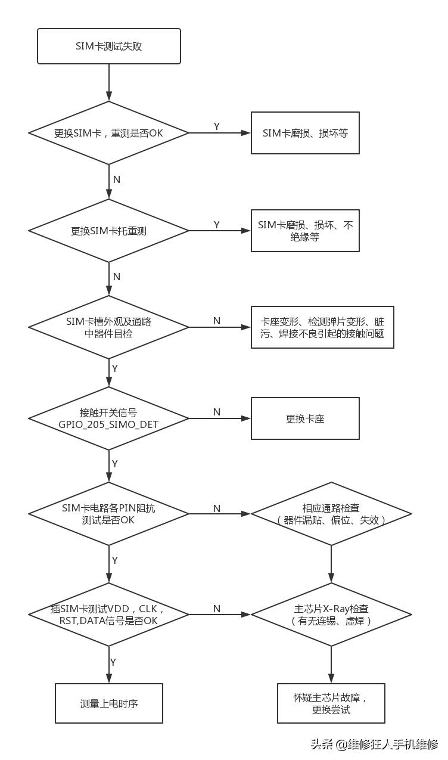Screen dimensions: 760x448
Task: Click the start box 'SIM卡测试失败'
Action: tap(109, 46)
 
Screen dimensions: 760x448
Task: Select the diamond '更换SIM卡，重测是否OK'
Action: tap(109, 133)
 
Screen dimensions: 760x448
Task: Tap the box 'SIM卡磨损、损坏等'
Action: tap(305, 133)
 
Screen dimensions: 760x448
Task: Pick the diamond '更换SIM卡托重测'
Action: tap(109, 231)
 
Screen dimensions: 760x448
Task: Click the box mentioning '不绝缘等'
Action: tap(305, 231)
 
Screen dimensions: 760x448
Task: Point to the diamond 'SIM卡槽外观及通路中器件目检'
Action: tap(109, 327)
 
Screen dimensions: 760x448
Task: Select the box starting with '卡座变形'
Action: tap(322, 327)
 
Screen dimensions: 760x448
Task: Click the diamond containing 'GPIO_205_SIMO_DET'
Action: tap(109, 418)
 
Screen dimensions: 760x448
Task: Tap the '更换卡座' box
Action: tap(305, 418)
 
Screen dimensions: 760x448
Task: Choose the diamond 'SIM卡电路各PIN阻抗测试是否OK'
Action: tap(109, 514)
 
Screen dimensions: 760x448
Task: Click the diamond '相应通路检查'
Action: tap(331, 514)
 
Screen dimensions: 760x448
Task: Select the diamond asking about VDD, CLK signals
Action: tap(109, 615)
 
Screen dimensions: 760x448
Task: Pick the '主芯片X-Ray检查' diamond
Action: tap(331, 615)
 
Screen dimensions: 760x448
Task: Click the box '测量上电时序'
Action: tap(109, 703)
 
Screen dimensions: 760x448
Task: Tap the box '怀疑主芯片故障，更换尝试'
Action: tap(331, 703)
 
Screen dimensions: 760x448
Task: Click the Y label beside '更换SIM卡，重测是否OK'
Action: tap(217, 126)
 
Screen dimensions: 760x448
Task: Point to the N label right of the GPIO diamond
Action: tap(217, 412)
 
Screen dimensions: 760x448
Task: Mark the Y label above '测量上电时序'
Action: tap(113, 662)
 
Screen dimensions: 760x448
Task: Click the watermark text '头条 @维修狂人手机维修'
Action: tap(374, 744)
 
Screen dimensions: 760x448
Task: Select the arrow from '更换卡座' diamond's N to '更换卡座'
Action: tap(220, 418)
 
